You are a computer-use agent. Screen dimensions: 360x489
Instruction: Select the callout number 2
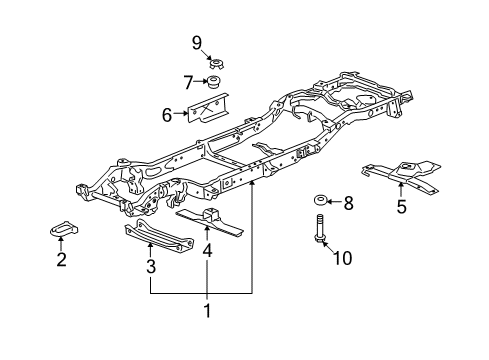pos(61,261)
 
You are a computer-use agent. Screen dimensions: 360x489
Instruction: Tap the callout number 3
pos(151,266)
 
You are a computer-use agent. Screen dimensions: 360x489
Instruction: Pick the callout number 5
pos(401,208)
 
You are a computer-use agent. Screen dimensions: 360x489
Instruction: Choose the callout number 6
pos(167,115)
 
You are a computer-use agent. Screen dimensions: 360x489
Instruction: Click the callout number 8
pos(348,204)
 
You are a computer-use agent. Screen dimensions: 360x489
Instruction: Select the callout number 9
pos(197,41)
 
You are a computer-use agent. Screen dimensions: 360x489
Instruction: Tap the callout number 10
pos(342,259)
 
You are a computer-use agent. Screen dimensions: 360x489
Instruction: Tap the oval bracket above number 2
pos(61,232)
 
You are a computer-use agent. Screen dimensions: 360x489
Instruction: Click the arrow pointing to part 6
pos(182,115)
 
